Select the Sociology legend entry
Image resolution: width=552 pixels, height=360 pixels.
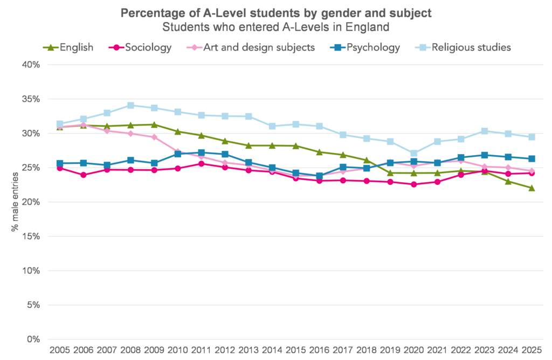148,47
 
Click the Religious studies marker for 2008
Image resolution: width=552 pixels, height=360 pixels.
130,105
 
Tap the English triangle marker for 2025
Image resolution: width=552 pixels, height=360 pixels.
532,188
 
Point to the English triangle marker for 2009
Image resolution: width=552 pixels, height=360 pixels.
154,124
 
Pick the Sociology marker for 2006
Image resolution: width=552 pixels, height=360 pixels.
84,175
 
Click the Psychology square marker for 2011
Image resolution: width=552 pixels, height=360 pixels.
202,153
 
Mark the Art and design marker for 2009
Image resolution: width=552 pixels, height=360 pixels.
154,137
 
